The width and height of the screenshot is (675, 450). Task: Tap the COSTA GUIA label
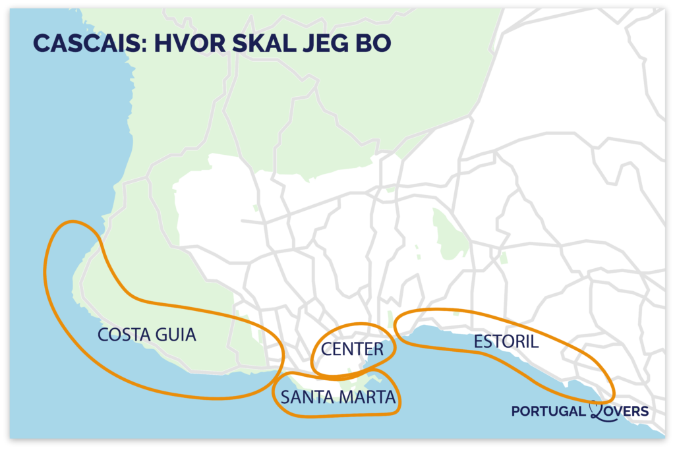coord(147,335)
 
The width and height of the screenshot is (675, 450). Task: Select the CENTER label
coord(352,349)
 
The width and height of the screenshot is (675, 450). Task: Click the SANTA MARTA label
coord(337,397)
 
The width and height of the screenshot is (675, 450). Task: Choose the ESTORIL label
coord(506,342)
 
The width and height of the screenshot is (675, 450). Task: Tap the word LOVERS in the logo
coord(624,411)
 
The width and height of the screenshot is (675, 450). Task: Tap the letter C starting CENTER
coord(326,349)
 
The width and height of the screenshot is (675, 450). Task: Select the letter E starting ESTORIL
coord(478,342)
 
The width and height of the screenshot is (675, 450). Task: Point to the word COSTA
coord(121,335)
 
